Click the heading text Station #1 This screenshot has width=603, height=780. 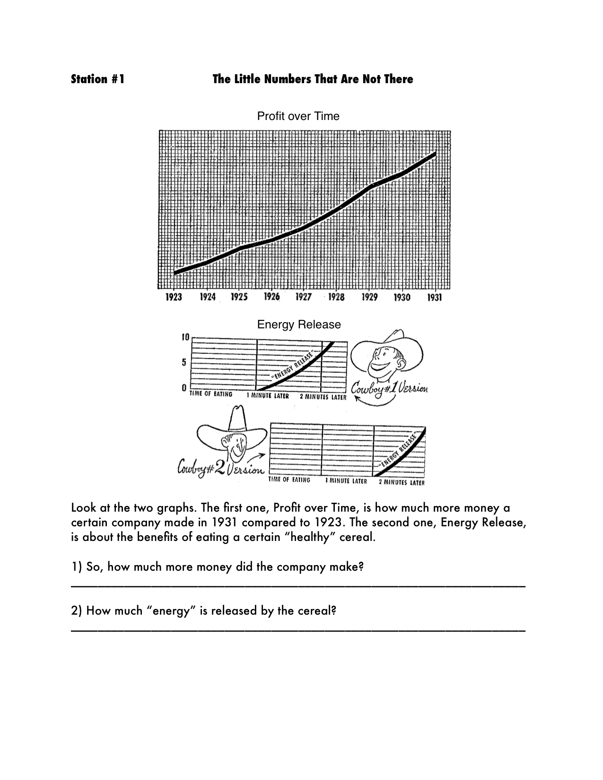coord(97,79)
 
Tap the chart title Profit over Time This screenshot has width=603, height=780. coord(298,116)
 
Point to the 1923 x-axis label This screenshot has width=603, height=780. coord(174,297)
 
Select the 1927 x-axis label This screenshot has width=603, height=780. coord(303,297)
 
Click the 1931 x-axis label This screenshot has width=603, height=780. coord(435,297)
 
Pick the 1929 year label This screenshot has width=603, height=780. coord(369,297)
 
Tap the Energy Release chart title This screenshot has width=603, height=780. coord(298,325)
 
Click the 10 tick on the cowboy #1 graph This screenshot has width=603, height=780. coord(185,337)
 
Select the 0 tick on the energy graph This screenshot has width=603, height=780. coord(184,387)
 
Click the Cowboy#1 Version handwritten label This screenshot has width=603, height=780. coord(389,389)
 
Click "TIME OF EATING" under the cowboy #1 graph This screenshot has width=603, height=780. coord(211,394)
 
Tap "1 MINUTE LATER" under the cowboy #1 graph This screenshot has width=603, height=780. coord(267,396)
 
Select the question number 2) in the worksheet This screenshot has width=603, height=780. coord(77,611)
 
